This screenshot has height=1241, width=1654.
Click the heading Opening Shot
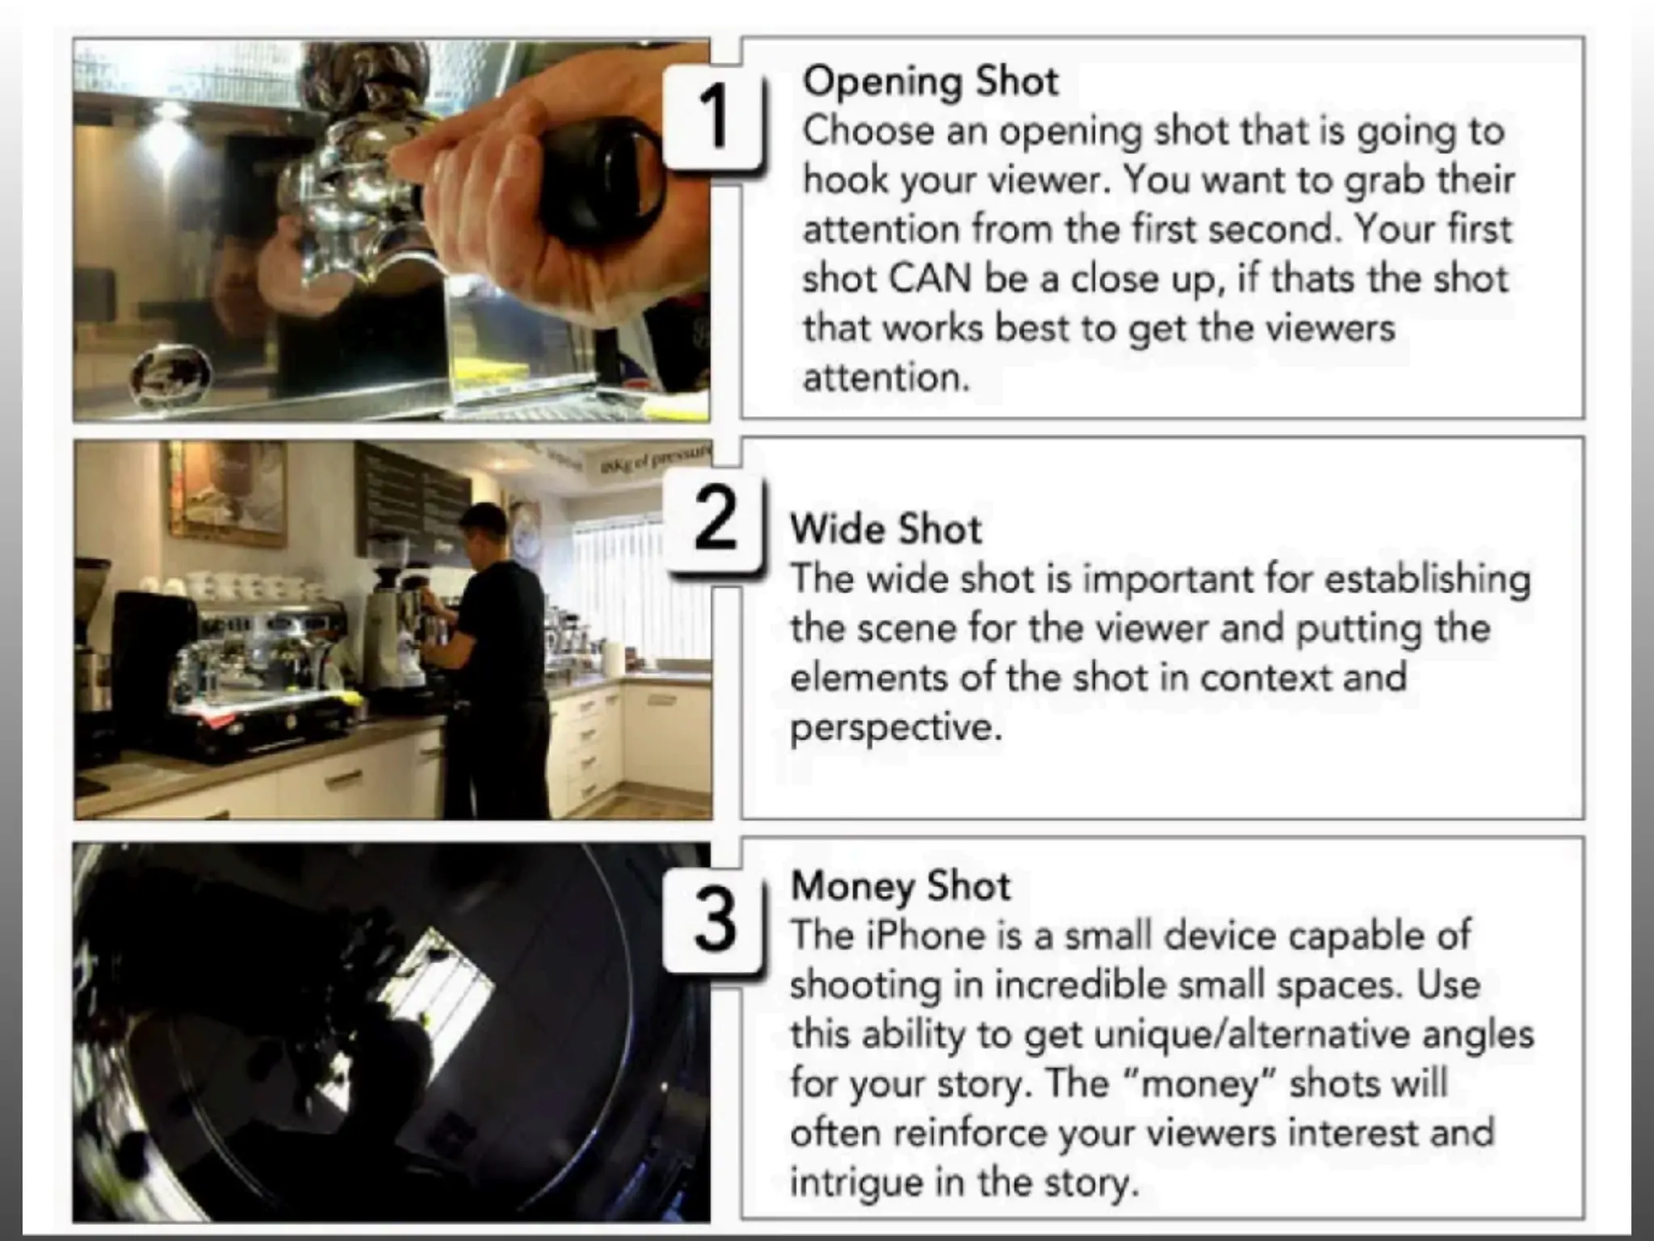click(x=930, y=81)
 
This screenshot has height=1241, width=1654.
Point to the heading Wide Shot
click(x=886, y=529)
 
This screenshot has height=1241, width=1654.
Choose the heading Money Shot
click(x=900, y=886)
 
